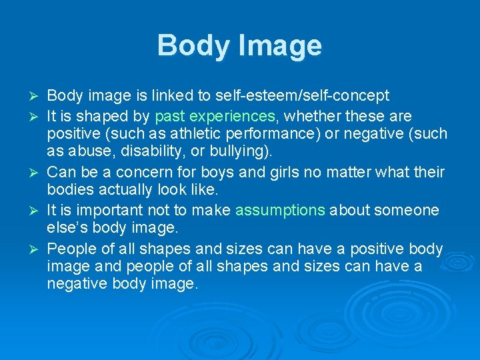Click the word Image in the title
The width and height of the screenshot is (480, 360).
pyautogui.click(x=282, y=46)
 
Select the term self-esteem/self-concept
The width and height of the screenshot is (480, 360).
pyautogui.click(x=310, y=96)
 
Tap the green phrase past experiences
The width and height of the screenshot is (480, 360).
pyautogui.click(x=215, y=116)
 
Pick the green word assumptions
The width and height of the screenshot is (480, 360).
pyautogui.click(x=280, y=211)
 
